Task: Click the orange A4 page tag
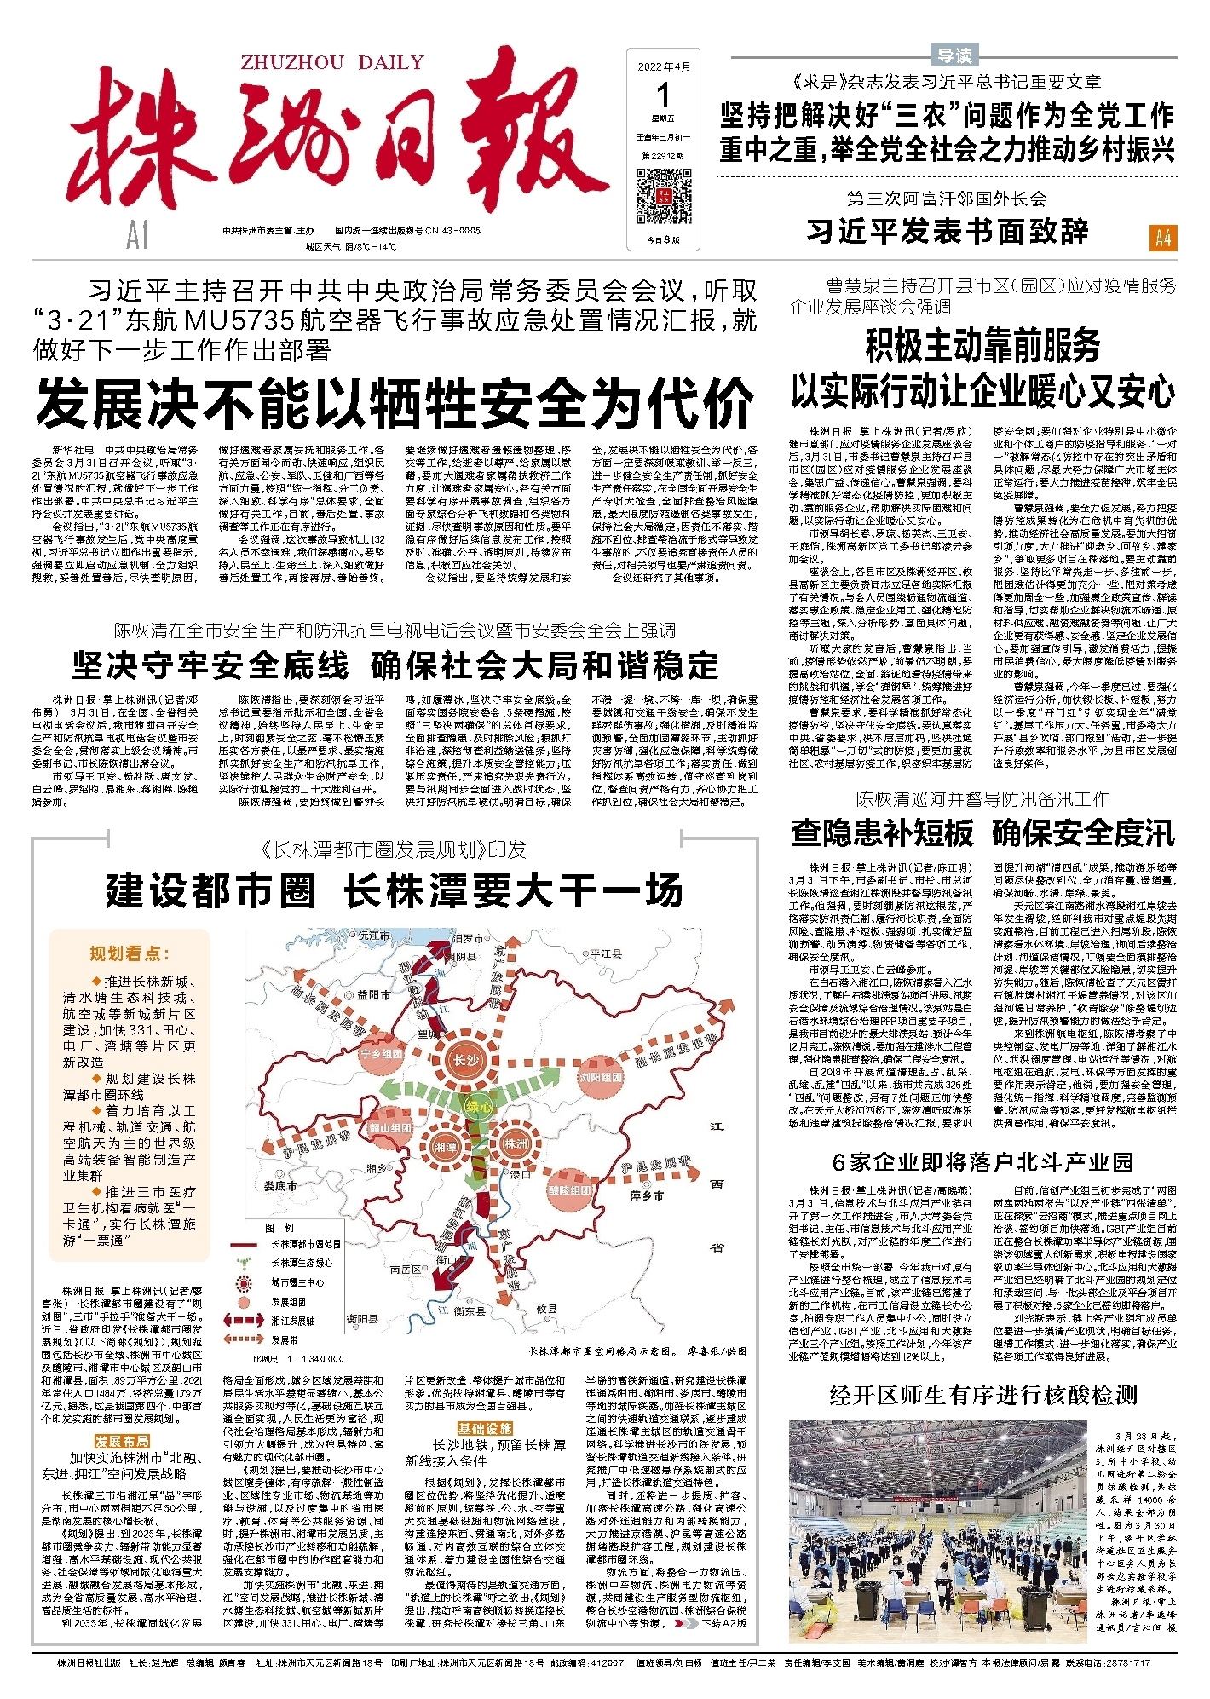click(x=1163, y=238)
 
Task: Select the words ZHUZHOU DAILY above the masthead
click(x=332, y=62)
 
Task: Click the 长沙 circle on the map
click(x=465, y=1060)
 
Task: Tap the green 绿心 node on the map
click(x=478, y=1107)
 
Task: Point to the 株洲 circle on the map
click(x=516, y=1143)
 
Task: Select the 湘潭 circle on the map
click(x=446, y=1148)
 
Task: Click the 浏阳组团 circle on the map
click(x=601, y=1077)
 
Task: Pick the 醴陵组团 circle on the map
click(x=569, y=1190)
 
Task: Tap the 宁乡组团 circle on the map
click(x=382, y=1054)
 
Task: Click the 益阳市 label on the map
click(x=373, y=994)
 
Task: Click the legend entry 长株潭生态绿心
click(x=302, y=1263)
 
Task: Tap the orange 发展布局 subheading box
click(x=123, y=1441)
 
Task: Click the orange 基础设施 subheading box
click(x=485, y=1428)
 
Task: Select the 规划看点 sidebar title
click(x=130, y=953)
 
